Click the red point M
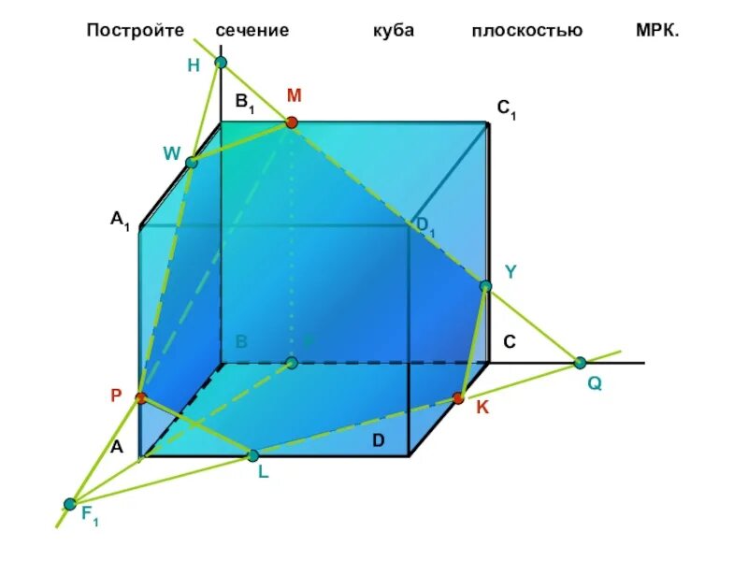[292, 122]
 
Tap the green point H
[221, 63]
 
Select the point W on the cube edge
[192, 163]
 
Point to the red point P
[140, 398]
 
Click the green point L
[252, 455]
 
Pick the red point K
[458, 398]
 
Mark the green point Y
[485, 286]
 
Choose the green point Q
[580, 363]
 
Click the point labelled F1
[70, 504]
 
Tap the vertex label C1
[507, 110]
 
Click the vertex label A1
[120, 221]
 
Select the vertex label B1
[245, 103]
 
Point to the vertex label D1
[425, 224]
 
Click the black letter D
[379, 440]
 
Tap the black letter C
[510, 343]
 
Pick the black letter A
[117, 447]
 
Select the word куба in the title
[392, 30]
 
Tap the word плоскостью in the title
[526, 30]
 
